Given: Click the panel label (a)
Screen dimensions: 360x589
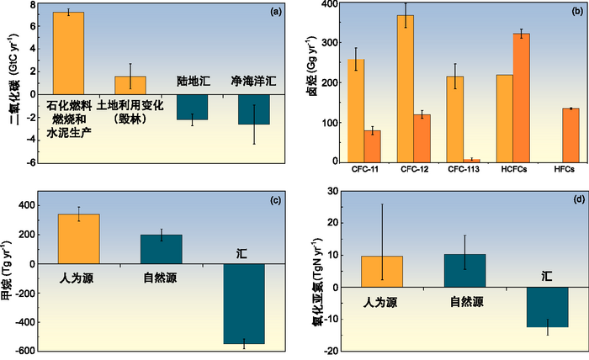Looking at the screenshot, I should click(263, 12).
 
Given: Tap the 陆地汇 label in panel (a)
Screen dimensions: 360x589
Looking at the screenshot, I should click(193, 84).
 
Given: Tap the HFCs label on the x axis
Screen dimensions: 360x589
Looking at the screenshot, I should click(565, 171).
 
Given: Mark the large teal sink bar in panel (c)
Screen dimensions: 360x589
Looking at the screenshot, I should click(244, 304).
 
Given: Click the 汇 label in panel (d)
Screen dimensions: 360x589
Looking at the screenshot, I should click(548, 275).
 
